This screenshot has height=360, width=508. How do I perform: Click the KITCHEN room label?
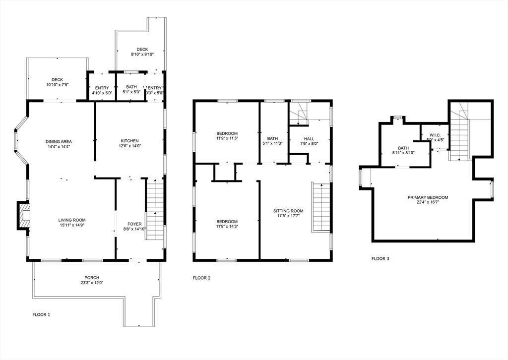(129, 141)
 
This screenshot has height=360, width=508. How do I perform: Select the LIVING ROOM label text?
(72, 220)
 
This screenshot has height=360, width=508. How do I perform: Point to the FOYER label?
(134, 224)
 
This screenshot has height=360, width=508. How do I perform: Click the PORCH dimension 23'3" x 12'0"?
(92, 283)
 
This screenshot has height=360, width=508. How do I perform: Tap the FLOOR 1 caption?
(41, 314)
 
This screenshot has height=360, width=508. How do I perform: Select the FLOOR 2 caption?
(201, 278)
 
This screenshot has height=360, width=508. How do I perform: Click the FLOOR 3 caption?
(381, 258)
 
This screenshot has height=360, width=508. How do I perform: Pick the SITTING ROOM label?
(288, 211)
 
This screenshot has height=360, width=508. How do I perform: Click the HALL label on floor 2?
(310, 139)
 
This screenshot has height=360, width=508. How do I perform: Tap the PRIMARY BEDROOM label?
(428, 197)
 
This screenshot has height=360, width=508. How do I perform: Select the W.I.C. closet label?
(435, 135)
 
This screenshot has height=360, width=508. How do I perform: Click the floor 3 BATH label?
(403, 148)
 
